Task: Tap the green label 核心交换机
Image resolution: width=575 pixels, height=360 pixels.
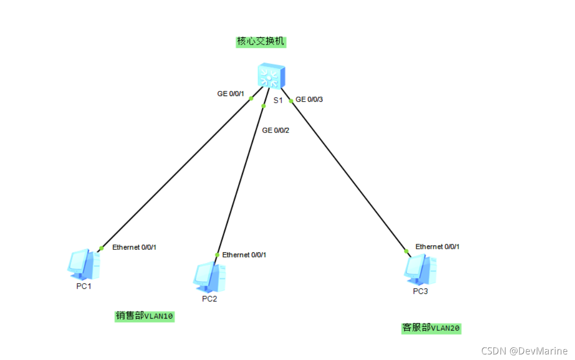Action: click(261, 41)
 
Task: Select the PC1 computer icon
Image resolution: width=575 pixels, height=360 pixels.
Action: click(83, 264)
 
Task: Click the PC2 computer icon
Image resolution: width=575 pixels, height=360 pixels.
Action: click(209, 277)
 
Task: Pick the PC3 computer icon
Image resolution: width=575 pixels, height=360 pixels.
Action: click(420, 268)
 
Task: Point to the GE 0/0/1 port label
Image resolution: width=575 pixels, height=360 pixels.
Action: click(231, 94)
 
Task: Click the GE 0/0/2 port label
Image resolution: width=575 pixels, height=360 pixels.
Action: click(275, 130)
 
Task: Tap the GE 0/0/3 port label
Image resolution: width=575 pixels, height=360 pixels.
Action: click(309, 99)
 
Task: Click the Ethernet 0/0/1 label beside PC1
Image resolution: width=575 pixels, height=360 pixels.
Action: click(134, 247)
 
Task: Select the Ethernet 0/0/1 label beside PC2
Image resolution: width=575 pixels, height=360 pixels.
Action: click(244, 255)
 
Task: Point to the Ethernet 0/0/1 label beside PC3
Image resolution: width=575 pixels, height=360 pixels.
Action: click(438, 247)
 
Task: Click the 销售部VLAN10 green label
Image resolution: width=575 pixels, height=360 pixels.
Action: click(145, 316)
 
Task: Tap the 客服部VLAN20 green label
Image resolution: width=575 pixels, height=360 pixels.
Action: click(431, 328)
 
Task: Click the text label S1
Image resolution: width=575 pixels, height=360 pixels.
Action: click(278, 100)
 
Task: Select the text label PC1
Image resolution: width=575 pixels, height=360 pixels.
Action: click(83, 287)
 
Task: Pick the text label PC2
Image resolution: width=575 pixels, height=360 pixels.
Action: click(209, 299)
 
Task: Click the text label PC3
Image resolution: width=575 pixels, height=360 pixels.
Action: click(420, 291)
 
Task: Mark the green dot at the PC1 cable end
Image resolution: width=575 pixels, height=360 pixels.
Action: click(101, 248)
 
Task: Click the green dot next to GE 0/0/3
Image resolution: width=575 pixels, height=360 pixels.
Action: click(291, 101)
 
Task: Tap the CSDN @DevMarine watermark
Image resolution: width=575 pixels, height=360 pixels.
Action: click(524, 351)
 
